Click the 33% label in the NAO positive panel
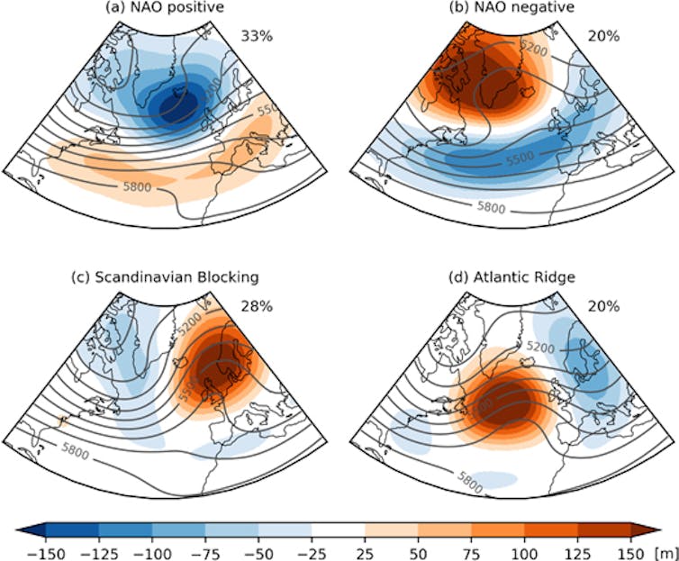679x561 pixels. [257, 37]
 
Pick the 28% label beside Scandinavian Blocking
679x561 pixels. [257, 305]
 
